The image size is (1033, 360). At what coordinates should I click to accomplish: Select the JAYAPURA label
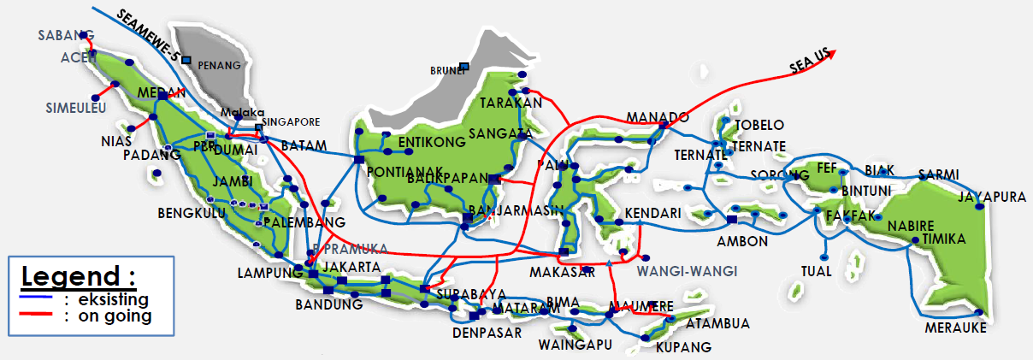[992, 197]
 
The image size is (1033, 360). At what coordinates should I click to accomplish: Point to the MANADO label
[658, 116]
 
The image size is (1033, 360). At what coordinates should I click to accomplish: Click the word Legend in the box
[78, 276]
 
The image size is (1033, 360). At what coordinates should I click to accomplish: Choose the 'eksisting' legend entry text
[112, 299]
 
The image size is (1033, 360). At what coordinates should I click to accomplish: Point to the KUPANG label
[683, 347]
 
